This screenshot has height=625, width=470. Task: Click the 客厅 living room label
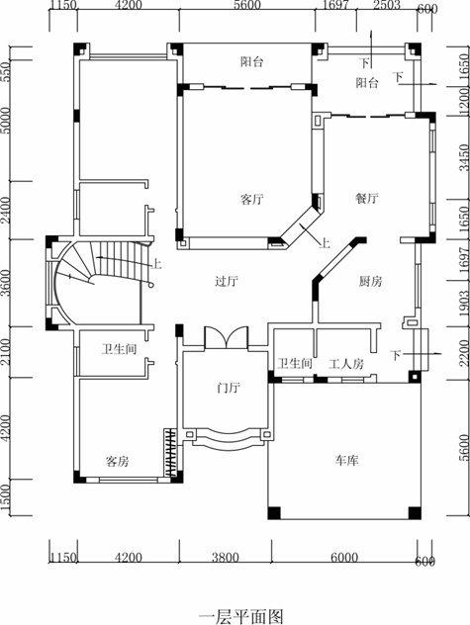point(252,199)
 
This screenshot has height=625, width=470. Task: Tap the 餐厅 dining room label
point(367,198)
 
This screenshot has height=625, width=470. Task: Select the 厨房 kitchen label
point(370,282)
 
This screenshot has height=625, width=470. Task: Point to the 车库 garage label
point(346,461)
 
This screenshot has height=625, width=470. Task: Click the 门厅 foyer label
point(229,387)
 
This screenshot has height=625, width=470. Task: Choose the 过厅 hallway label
point(227,282)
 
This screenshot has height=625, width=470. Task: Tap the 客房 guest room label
point(118,461)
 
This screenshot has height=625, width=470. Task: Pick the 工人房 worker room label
point(346,364)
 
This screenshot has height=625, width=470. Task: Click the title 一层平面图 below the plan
point(241,617)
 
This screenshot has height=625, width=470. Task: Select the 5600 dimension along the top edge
point(247,5)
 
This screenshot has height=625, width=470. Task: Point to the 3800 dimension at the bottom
point(226,557)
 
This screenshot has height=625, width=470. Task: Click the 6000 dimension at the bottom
point(344,557)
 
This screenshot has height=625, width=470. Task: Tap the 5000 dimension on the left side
point(6,121)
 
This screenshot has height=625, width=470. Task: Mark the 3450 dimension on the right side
point(464,157)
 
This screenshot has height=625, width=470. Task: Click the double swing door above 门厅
point(227,338)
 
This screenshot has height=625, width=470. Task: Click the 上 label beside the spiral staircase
point(156,263)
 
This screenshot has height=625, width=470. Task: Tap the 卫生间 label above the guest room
point(119,349)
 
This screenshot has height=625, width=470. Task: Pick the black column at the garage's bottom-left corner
point(274,513)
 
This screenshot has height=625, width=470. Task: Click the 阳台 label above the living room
point(252,62)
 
